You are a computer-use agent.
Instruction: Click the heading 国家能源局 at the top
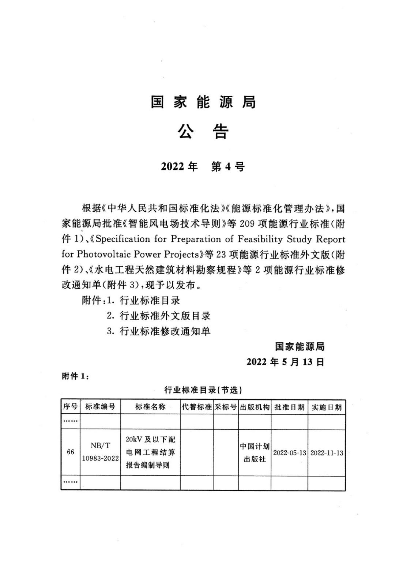[x=203, y=102]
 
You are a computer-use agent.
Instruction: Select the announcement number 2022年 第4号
[x=203, y=167]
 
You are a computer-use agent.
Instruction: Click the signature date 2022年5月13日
[x=285, y=362]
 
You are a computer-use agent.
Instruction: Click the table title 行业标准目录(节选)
[x=203, y=390]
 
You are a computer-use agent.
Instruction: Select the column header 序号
[x=70, y=407]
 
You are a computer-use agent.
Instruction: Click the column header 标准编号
[x=100, y=407]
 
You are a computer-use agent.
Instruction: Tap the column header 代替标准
[x=197, y=407]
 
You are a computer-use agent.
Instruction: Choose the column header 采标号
[x=226, y=407]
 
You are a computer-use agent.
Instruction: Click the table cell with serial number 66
[x=70, y=452]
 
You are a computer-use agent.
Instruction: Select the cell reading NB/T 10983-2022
[x=100, y=452]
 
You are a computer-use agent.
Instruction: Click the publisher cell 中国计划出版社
[x=255, y=452]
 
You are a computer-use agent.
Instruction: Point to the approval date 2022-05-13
[x=289, y=453]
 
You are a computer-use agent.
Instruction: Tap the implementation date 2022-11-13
[x=327, y=453]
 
